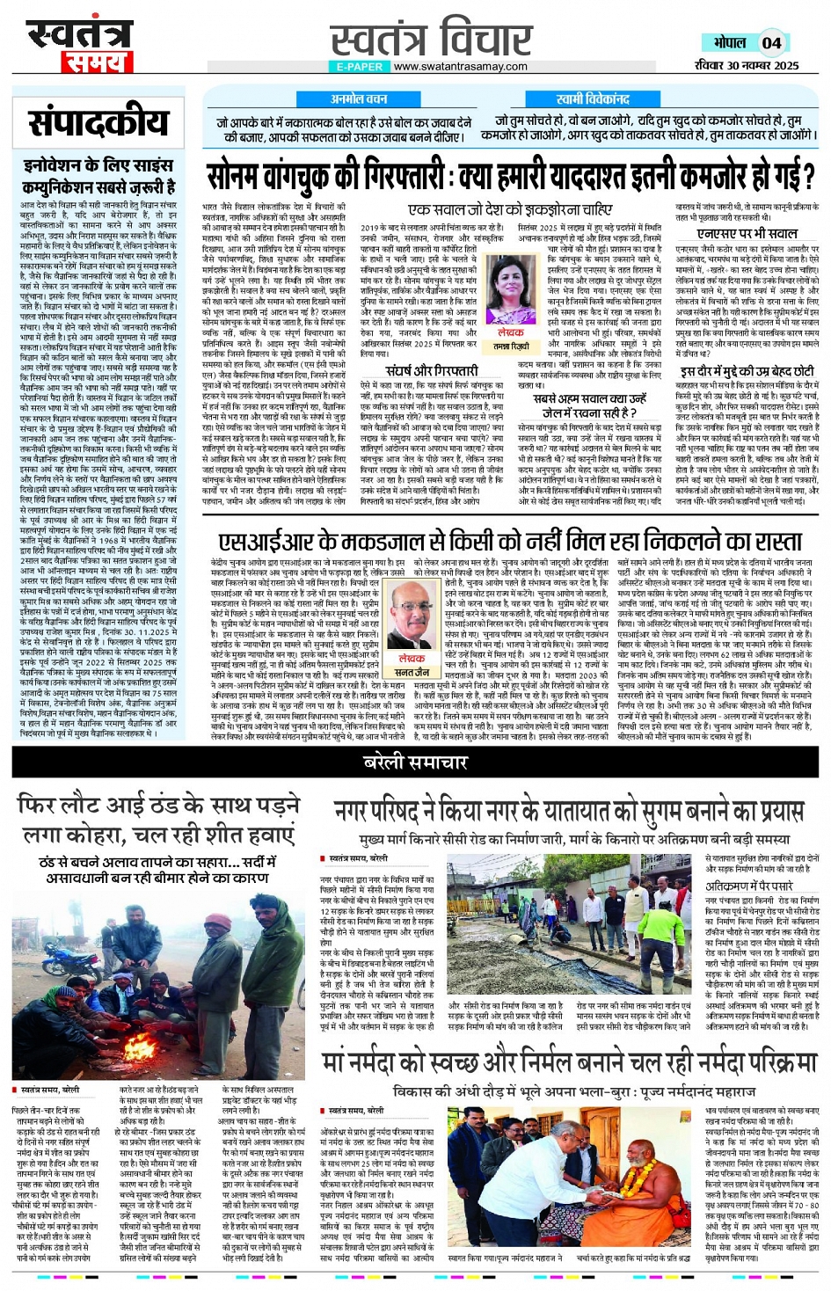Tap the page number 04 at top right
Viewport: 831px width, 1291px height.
(x=771, y=43)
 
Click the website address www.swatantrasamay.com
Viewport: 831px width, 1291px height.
(x=460, y=67)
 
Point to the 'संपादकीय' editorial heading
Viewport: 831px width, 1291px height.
(x=98, y=123)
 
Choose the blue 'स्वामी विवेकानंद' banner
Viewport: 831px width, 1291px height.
(x=593, y=99)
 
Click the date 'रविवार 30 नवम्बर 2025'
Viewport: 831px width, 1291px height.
(x=746, y=65)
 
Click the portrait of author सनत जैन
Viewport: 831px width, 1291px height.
(x=412, y=613)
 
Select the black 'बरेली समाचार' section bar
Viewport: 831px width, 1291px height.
(x=415, y=762)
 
